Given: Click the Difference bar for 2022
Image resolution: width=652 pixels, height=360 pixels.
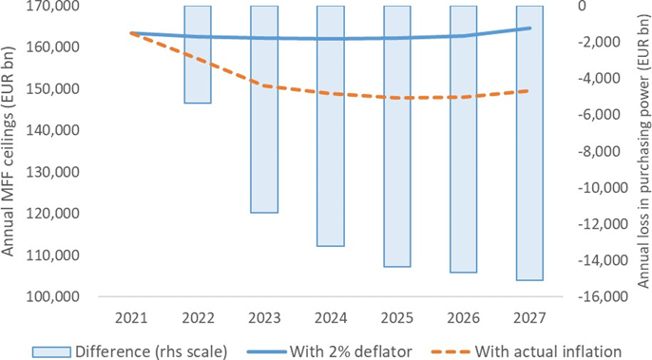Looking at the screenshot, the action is point(198,54).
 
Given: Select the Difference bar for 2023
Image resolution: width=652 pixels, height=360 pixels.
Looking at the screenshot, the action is point(264,109).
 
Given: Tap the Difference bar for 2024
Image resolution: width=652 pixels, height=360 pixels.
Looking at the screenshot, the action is point(331,126).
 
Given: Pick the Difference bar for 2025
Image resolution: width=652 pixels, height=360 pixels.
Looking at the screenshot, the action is point(397,137).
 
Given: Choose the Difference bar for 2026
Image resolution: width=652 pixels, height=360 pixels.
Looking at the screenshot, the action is point(463,140).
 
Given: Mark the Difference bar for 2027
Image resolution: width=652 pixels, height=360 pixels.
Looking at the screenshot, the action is point(529,143).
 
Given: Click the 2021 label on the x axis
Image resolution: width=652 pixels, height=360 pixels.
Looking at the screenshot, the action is point(131,318).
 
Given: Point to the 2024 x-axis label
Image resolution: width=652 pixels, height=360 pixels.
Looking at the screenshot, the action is point(331,318).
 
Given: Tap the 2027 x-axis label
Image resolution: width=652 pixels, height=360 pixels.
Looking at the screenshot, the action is point(529,318).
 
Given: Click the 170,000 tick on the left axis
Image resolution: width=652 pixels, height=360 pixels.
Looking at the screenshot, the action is point(53,7).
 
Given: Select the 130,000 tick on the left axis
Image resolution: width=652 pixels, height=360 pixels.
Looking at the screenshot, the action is point(53,172).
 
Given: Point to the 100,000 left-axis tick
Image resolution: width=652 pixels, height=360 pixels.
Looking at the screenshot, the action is point(53,296).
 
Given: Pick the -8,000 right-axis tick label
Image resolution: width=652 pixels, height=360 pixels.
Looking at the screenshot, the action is point(605,151).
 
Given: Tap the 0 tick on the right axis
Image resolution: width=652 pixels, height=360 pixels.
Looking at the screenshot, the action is point(582,6).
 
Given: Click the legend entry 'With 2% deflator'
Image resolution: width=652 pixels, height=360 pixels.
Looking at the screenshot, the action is point(330,351).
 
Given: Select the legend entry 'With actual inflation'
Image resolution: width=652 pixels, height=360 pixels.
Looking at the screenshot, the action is point(527,351).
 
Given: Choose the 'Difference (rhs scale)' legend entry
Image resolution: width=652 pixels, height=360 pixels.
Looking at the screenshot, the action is point(129,351).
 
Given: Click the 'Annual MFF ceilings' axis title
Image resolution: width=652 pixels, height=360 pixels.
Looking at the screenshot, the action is point(8,151).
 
